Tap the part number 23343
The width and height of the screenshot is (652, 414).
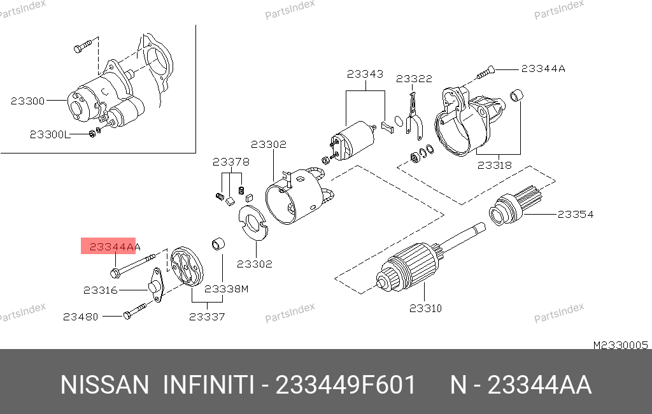pos(365,74)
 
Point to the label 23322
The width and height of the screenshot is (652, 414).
pos(414,78)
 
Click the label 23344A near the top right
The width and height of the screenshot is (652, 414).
pos(543,69)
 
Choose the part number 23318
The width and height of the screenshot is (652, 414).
pos(494,165)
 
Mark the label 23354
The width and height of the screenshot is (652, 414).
pos(576,214)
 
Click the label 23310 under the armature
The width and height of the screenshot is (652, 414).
pos(425,308)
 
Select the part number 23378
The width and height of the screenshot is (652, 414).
pos(230,162)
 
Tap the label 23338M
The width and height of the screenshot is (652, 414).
pos(226,289)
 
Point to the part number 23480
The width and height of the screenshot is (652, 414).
pos(81,317)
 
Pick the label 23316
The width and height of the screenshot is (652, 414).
pos(100,290)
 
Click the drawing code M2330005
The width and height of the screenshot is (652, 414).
pos(620,345)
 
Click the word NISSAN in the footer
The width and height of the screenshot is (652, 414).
pos(105,385)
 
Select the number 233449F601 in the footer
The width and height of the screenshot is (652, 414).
pos(346,385)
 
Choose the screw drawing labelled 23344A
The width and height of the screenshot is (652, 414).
pos(485,73)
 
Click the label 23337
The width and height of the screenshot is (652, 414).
pos(207,317)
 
